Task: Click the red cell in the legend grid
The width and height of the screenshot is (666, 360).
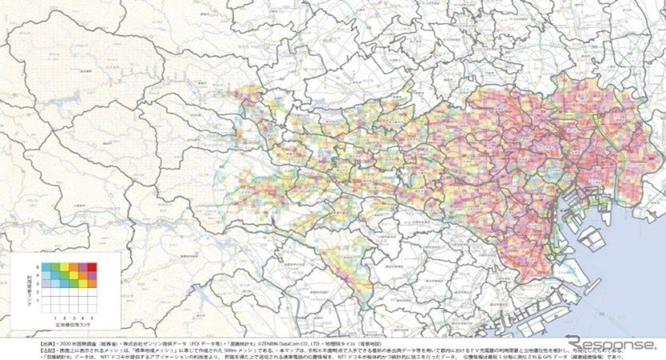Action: pos(92,267)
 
